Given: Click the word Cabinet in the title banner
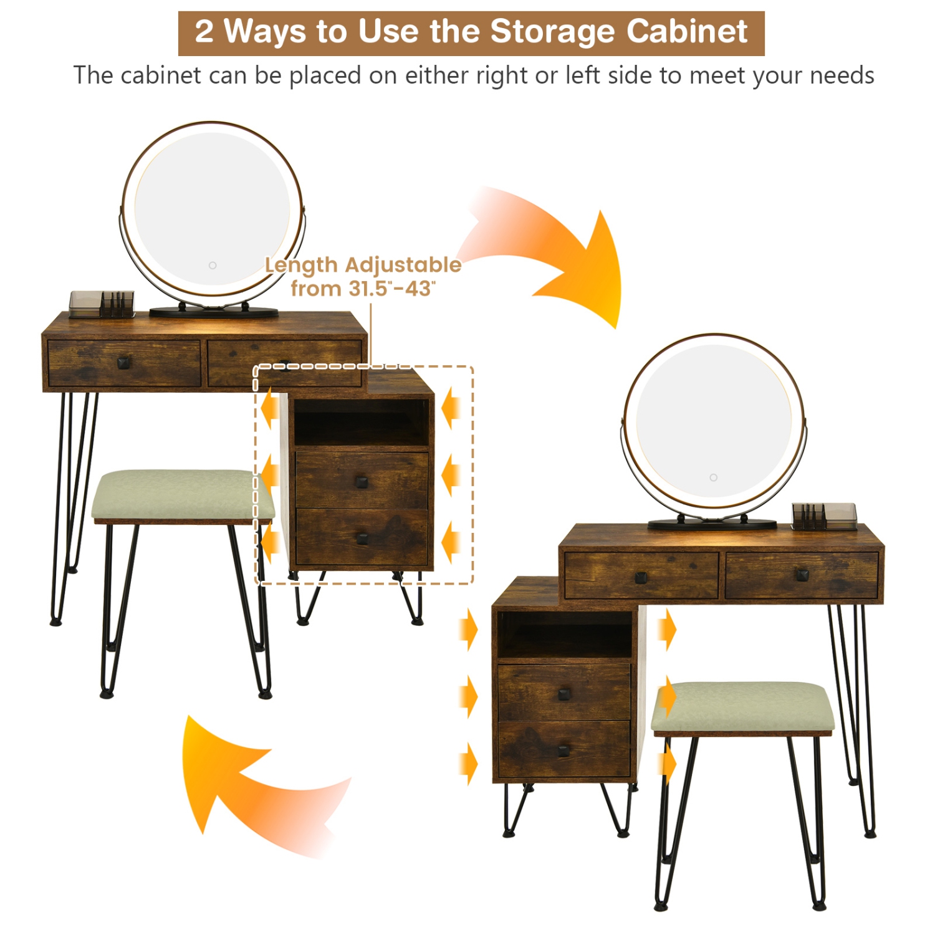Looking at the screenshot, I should pyautogui.click(x=686, y=32).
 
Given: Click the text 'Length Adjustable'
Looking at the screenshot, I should pyautogui.click(x=363, y=265).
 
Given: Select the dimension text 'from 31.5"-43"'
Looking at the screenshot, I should pyautogui.click(x=363, y=289).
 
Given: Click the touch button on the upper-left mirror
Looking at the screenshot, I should pyautogui.click(x=213, y=266).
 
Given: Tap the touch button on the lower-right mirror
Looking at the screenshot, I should pyautogui.click(x=713, y=477).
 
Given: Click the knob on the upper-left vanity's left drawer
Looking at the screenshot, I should pyautogui.click(x=123, y=362).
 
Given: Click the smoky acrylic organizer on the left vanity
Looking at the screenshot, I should pyautogui.click(x=102, y=304).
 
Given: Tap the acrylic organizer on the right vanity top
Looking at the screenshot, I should pyautogui.click(x=824, y=516).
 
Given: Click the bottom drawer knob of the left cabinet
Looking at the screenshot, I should pyautogui.click(x=362, y=538).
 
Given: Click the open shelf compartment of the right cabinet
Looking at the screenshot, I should pyautogui.click(x=565, y=634).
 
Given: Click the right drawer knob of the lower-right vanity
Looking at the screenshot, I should pyautogui.click(x=802, y=575).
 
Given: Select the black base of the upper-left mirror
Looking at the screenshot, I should pyautogui.click(x=214, y=312).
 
